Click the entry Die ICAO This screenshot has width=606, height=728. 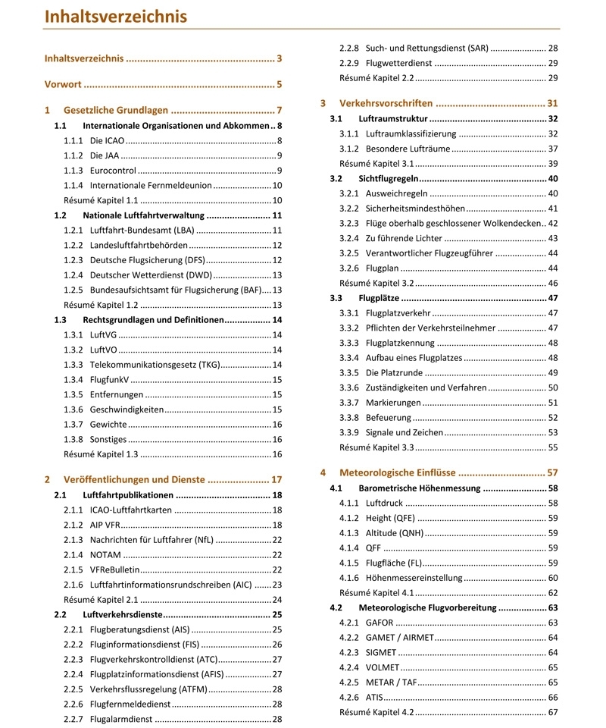click(x=106, y=140)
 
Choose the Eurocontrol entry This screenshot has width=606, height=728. click(x=113, y=170)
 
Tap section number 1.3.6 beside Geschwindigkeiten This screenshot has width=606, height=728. click(x=73, y=409)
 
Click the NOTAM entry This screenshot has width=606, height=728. click(x=107, y=554)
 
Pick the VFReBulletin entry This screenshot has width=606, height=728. click(x=114, y=570)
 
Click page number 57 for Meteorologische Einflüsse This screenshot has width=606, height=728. click(x=552, y=472)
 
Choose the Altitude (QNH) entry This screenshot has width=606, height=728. click(x=395, y=532)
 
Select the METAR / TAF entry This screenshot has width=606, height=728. click(x=393, y=682)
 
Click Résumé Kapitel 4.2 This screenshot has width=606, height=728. click(x=376, y=712)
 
